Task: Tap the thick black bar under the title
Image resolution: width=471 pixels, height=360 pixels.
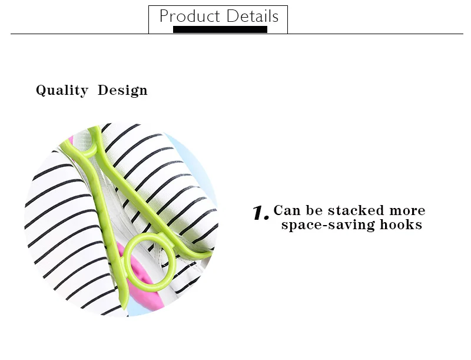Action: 220,29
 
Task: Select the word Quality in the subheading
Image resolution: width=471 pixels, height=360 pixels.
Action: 62,90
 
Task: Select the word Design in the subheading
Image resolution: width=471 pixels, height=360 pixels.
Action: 122,90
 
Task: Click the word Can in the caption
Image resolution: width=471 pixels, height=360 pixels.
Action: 287,211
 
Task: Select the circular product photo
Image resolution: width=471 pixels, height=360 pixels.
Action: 121,218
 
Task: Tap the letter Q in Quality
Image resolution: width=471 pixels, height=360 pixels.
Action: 41,90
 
